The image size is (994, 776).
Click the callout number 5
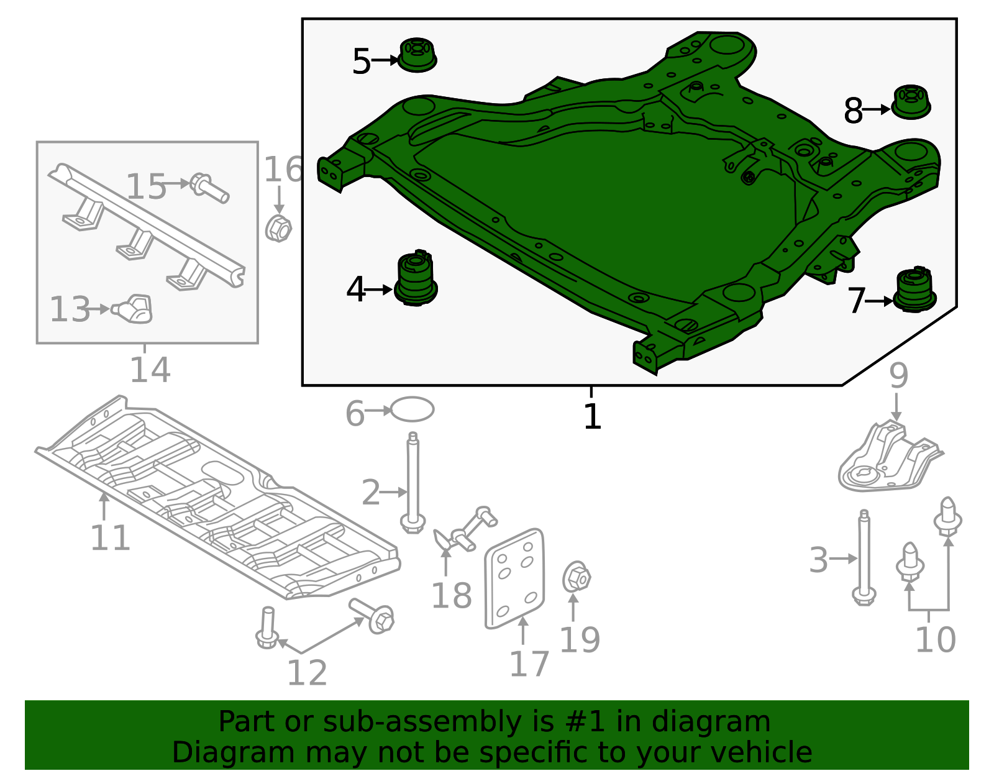coord(361,61)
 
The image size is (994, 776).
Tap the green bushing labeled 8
coord(911,102)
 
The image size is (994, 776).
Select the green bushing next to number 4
coord(416,279)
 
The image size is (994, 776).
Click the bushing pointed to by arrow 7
coord(915,290)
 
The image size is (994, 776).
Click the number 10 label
coord(935,639)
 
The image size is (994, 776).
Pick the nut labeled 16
coord(278,228)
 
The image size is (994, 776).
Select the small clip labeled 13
coord(133,309)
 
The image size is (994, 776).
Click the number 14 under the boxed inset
coord(150,370)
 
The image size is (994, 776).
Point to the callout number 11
coord(110,537)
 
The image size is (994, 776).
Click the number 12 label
coord(307,673)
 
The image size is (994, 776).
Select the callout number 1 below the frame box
coord(592,416)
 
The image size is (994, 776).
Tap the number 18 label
coord(452,596)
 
